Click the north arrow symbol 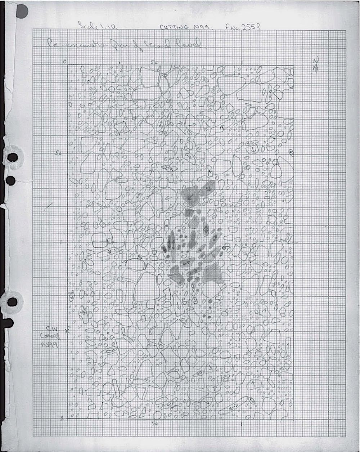click(316, 65)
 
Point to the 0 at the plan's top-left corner click(64, 62)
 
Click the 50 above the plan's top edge click(154, 62)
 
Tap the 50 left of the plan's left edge click(59, 153)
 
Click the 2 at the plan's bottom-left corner click(62, 419)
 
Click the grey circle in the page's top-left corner click(22, 12)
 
